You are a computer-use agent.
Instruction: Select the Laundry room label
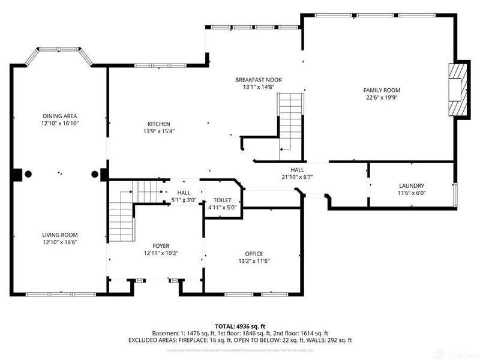(412, 186)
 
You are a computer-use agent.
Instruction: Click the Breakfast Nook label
(258, 80)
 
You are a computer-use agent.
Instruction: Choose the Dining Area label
(59, 116)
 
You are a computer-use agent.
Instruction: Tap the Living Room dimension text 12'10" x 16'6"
(60, 242)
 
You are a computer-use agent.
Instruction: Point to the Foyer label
(160, 246)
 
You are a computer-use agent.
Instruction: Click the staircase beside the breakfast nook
(290, 120)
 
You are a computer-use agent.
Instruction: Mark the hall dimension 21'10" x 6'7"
(298, 176)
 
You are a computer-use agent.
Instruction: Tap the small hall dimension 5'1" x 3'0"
(184, 200)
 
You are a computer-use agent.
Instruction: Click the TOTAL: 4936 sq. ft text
(239, 325)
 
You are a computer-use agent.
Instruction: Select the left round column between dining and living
(28, 174)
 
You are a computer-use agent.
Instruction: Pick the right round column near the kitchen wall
(94, 174)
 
